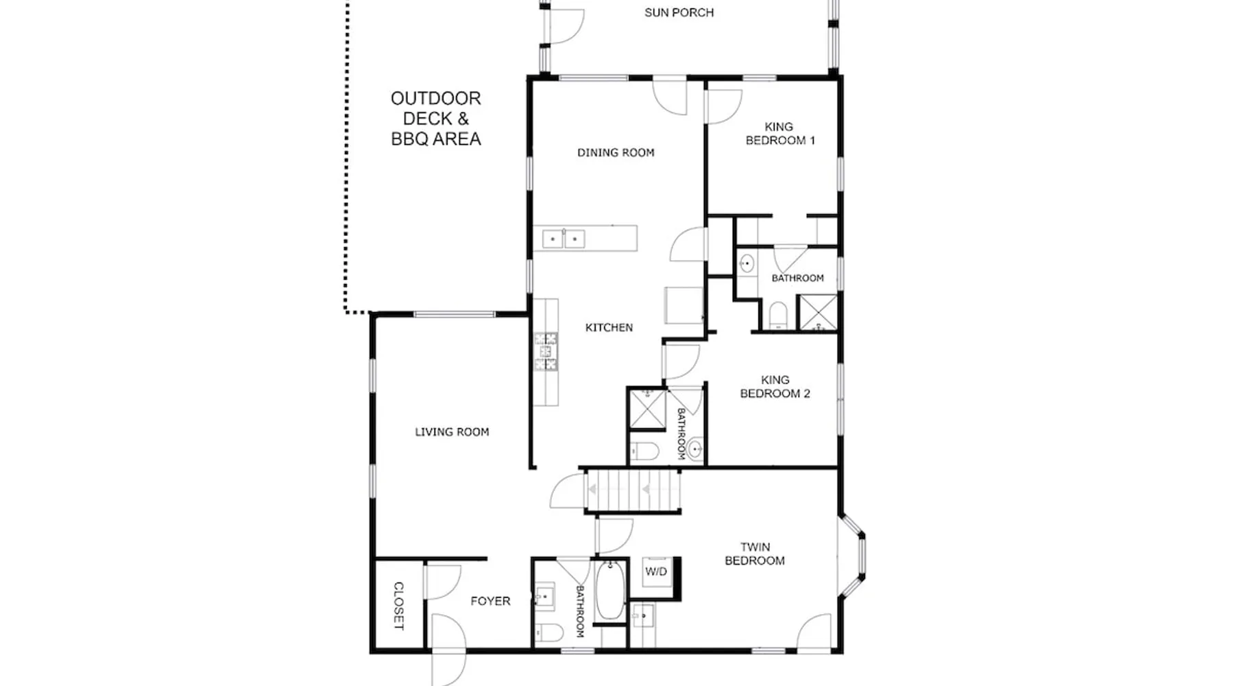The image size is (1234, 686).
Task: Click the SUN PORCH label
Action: [x=679, y=12]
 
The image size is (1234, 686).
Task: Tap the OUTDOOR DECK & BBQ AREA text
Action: [x=436, y=119]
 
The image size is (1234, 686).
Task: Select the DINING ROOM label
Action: [x=616, y=152]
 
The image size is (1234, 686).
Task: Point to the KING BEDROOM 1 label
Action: [x=780, y=133]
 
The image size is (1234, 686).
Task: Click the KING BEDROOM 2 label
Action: [x=775, y=386]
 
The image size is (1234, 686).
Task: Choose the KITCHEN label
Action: [x=609, y=327]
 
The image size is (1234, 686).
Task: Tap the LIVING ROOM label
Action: [x=452, y=431]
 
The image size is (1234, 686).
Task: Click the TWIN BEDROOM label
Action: [x=755, y=554]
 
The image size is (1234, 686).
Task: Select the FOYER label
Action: [x=490, y=601]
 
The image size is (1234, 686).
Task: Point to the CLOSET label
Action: [x=398, y=606]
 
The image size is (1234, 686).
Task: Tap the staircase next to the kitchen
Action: [x=632, y=490]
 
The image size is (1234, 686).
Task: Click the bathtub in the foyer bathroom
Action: [x=610, y=591]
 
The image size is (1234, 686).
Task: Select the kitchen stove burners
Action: [x=546, y=352]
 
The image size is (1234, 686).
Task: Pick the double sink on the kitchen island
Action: [x=564, y=239]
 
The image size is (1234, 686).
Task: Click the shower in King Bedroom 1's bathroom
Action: [x=818, y=313]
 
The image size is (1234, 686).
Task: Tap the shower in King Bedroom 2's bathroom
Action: [x=647, y=409]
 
